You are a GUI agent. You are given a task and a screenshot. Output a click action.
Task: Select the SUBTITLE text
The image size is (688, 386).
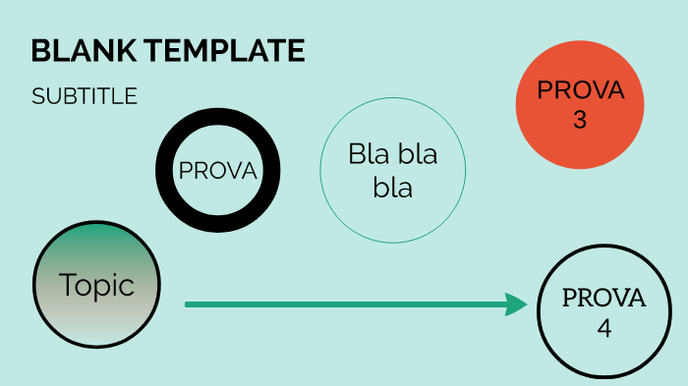pyautogui.click(x=84, y=96)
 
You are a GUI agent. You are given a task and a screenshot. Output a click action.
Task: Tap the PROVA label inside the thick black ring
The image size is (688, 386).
pyautogui.click(x=217, y=171)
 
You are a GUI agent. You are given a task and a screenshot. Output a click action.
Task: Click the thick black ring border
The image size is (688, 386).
pyautogui.click(x=218, y=120)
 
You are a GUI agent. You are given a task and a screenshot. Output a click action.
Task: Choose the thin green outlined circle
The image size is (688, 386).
pyautogui.click(x=392, y=221)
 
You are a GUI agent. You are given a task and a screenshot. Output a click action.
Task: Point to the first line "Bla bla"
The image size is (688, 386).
pyautogui.click(x=392, y=154)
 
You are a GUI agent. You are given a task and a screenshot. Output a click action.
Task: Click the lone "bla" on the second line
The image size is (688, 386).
pyautogui.click(x=392, y=189)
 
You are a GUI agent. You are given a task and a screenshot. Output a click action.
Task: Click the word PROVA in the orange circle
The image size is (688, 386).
pyautogui.click(x=580, y=90)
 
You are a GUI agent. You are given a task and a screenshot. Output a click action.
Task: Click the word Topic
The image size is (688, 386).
pyautogui.click(x=96, y=285)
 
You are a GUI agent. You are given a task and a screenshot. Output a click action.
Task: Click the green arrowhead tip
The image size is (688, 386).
pyautogui.click(x=528, y=304)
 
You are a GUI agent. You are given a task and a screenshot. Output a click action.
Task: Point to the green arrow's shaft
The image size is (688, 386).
pyautogui.click(x=344, y=304)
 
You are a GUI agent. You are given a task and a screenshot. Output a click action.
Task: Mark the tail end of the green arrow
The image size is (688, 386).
pyautogui.click(x=188, y=304)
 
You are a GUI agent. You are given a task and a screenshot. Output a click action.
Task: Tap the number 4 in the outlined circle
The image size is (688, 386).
pyautogui.click(x=603, y=327)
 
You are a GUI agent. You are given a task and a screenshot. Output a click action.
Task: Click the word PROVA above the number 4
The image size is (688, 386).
pyautogui.click(x=603, y=299)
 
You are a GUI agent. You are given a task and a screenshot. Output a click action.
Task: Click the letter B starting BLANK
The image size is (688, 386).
pyautogui.click(x=39, y=50)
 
